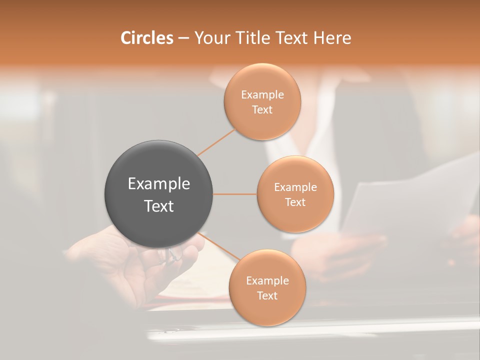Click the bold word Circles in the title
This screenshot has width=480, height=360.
coord(146,38)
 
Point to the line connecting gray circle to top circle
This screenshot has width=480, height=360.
coord(216,142)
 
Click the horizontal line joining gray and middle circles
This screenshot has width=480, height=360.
coord(235,194)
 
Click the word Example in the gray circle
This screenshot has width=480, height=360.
coord(158,184)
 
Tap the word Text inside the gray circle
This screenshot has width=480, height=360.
coord(158,206)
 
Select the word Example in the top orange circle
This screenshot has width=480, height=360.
coord(262,95)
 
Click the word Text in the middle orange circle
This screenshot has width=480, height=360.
coord(295,202)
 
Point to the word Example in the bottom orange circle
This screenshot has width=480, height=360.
coord(267,281)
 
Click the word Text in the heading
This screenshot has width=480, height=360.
coord(292,38)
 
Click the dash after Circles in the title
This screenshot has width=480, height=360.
coord(183,38)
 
